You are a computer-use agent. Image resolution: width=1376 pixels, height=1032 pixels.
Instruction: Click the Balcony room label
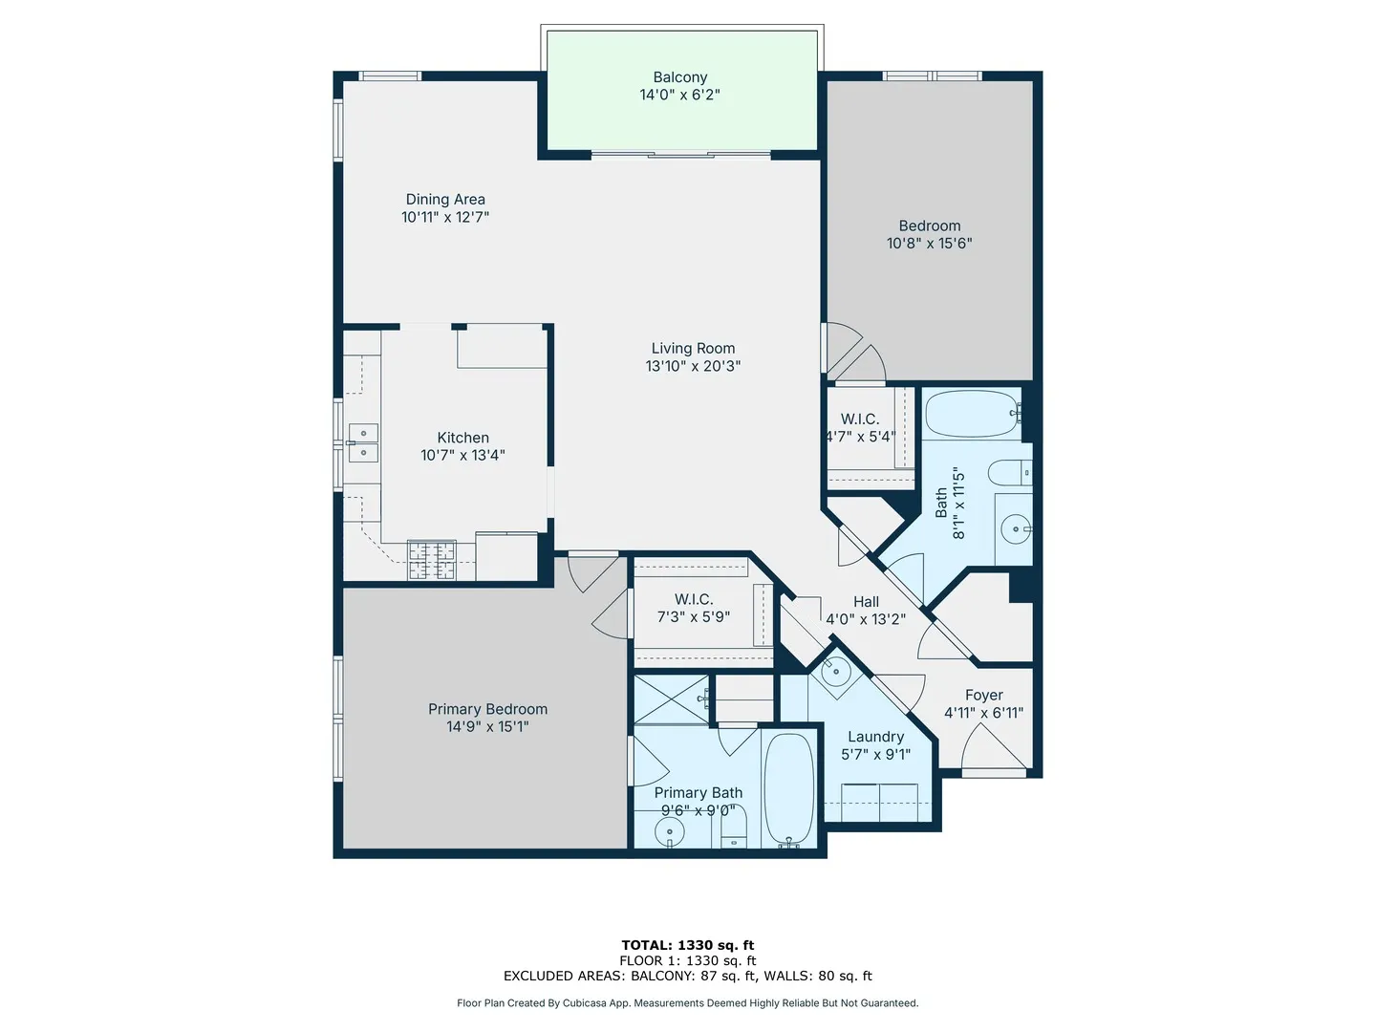tap(679, 77)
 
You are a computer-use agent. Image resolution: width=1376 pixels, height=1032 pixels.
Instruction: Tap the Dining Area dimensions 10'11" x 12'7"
tap(445, 218)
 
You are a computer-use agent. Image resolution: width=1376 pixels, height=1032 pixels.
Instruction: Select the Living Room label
tap(693, 349)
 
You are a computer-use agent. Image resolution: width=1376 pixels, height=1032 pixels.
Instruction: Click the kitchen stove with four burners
tap(431, 560)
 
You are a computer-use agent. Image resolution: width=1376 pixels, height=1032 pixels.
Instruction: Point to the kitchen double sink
tap(363, 443)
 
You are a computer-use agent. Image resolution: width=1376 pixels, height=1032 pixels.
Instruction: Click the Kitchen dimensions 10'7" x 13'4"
tap(462, 456)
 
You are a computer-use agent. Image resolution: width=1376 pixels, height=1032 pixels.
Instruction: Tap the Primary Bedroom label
tap(487, 709)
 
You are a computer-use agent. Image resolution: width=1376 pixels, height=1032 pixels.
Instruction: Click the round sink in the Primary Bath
tap(670, 832)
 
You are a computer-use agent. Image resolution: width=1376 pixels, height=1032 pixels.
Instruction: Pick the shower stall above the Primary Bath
tap(672, 699)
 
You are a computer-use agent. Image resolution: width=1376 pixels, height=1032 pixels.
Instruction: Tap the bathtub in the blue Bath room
tap(970, 414)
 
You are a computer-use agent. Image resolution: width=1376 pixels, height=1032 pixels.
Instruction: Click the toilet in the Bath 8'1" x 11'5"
tap(1009, 472)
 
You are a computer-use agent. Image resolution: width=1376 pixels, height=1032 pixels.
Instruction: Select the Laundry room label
tap(875, 737)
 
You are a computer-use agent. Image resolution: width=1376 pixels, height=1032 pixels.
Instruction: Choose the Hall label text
tap(866, 602)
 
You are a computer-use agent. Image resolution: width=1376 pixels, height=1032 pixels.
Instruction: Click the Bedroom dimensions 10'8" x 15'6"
tap(929, 244)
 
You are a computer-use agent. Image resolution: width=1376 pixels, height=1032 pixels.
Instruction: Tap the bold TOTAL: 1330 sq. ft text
tap(687, 945)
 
